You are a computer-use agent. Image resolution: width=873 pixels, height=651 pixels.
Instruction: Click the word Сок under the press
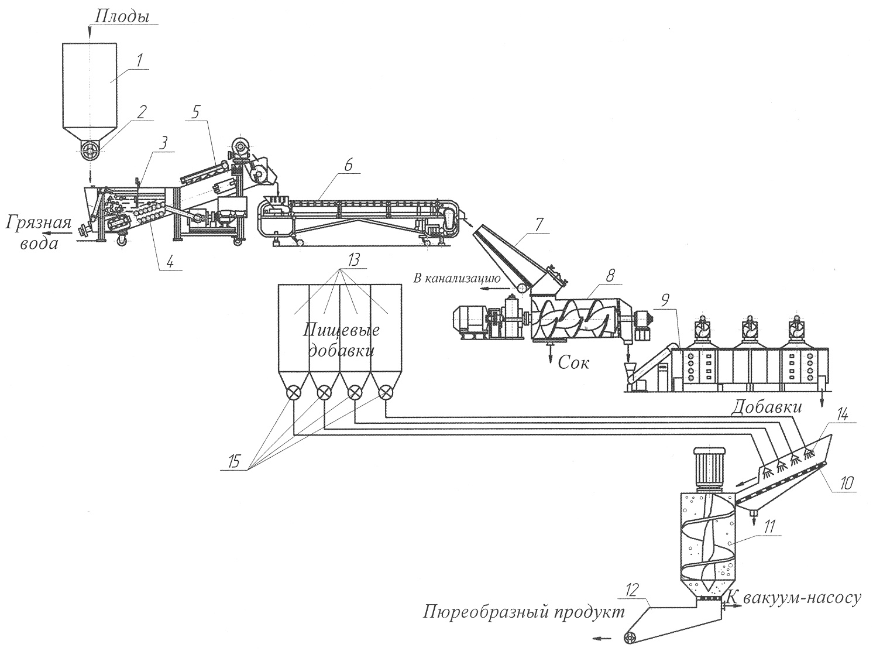[573, 362]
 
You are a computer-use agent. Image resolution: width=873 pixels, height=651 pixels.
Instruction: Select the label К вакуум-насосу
[795, 598]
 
